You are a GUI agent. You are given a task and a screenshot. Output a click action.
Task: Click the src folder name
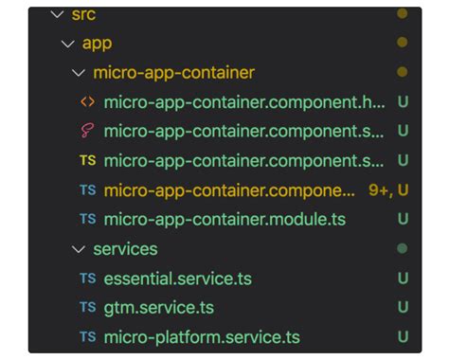pyautogui.click(x=83, y=15)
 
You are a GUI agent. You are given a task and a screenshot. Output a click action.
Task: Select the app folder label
pyautogui.click(x=98, y=44)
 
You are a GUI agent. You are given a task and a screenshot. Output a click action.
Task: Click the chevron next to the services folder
pyautogui.click(x=79, y=249)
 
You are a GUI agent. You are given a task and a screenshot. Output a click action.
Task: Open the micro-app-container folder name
pyautogui.click(x=174, y=73)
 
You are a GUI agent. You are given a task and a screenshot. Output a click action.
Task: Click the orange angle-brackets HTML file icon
pyautogui.click(x=87, y=102)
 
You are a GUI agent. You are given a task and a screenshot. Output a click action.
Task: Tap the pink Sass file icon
pyautogui.click(x=87, y=132)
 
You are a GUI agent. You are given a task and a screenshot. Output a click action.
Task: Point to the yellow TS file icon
pyautogui.click(x=87, y=161)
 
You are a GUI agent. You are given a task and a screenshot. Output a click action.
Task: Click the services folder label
pyautogui.click(x=125, y=249)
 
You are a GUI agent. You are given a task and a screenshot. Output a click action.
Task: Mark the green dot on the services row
pyautogui.click(x=403, y=249)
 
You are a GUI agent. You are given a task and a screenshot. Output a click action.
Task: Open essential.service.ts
pyautogui.click(x=178, y=279)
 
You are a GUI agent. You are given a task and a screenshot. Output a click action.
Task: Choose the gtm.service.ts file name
pyautogui.click(x=159, y=308)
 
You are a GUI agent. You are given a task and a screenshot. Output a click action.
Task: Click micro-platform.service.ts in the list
pyautogui.click(x=202, y=337)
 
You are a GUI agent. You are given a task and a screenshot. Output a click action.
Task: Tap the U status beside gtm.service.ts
pyautogui.click(x=403, y=308)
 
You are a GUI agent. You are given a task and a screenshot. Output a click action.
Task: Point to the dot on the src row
pyautogui.click(x=403, y=15)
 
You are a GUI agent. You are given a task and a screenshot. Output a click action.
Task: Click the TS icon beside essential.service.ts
pyautogui.click(x=87, y=279)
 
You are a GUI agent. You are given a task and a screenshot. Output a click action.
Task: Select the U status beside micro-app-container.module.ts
pyautogui.click(x=403, y=220)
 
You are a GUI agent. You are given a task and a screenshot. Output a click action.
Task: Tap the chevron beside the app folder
pyautogui.click(x=65, y=44)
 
